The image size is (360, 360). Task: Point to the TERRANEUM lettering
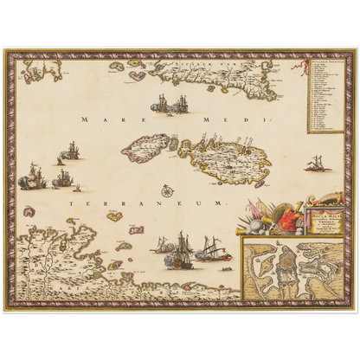point(138,201)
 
